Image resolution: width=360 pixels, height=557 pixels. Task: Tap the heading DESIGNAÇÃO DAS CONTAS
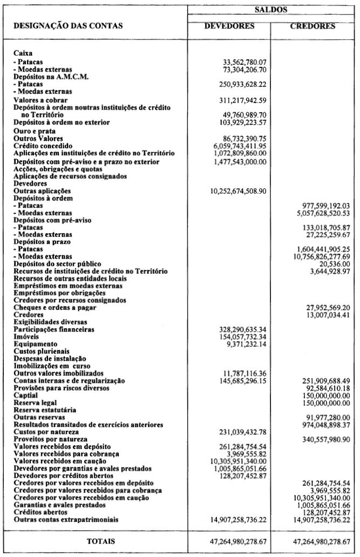coord(68,25)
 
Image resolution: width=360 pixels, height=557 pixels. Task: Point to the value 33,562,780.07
coord(244,61)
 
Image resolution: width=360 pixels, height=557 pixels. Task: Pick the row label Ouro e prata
coord(35,131)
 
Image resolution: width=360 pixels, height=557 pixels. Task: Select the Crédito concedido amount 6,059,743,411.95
coord(240,146)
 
